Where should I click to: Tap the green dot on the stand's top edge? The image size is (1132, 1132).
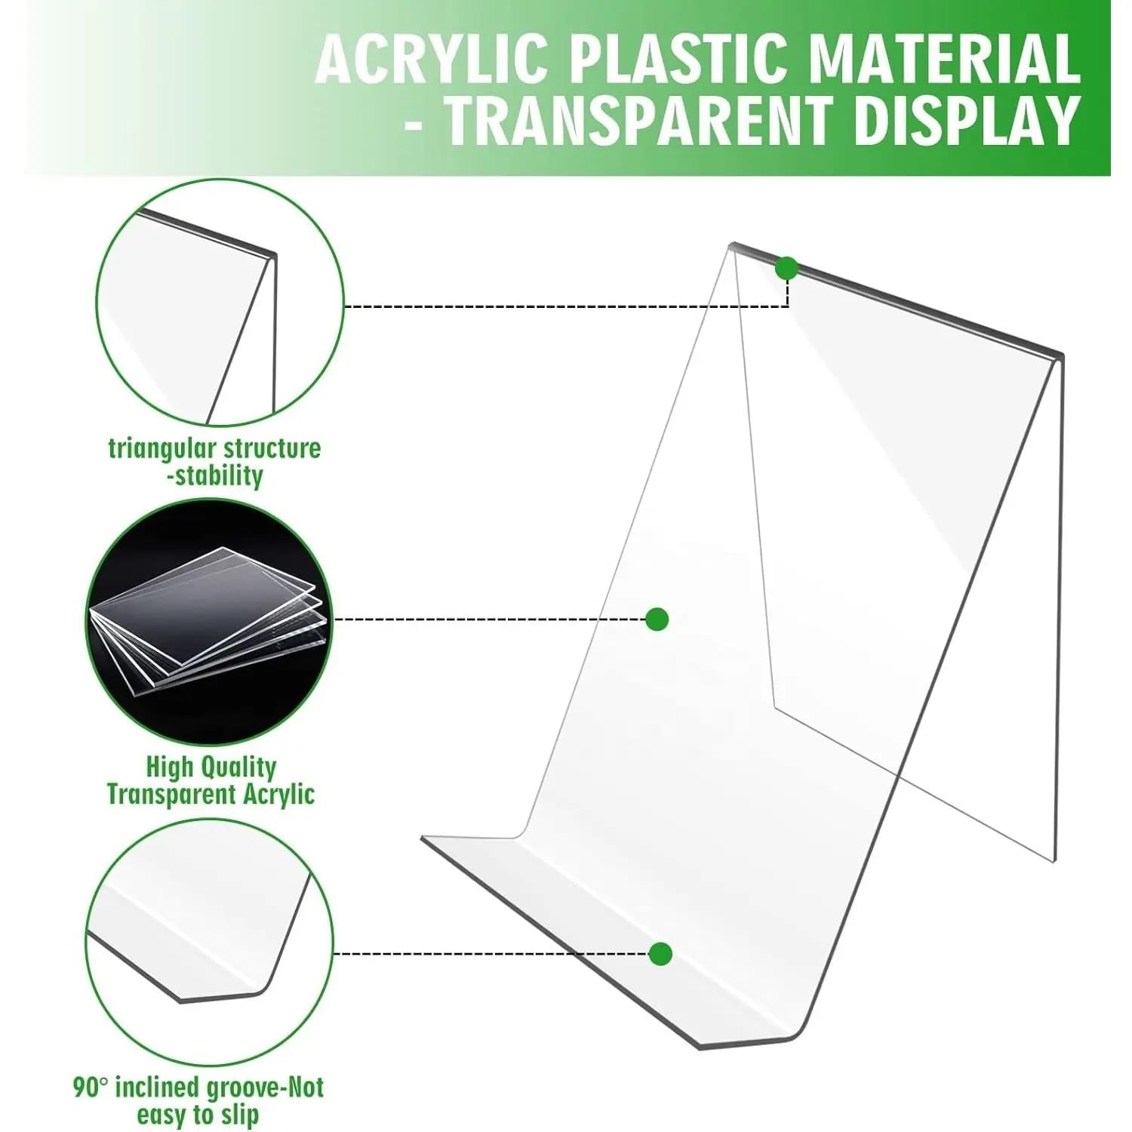coord(786,268)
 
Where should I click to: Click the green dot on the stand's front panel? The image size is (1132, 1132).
coord(657,620)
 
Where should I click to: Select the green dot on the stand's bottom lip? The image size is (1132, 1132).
coord(660,954)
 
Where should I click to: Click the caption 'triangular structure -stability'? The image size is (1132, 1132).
coord(215,462)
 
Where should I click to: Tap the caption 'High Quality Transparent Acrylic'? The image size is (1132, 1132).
coord(211,780)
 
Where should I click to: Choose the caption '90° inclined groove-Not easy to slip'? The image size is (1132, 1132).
coord(198,1100)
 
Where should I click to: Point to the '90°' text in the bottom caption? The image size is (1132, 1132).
coord(91,1087)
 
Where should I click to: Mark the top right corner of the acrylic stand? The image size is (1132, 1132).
coord(1063,355)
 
